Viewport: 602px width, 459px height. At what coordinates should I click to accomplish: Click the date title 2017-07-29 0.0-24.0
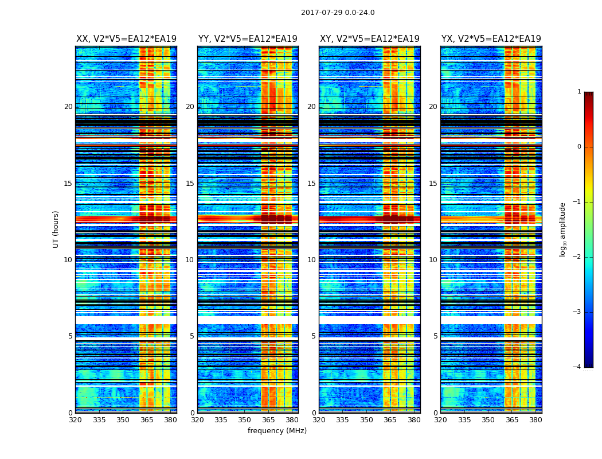tap(338, 13)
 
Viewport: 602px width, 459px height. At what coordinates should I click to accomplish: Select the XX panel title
tap(126, 39)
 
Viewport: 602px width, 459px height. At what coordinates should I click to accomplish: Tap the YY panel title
tap(248, 39)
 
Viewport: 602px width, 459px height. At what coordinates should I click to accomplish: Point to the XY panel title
tap(369, 39)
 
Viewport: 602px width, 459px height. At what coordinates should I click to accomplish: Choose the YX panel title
tap(491, 39)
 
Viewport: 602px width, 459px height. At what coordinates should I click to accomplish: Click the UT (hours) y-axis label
tap(56, 229)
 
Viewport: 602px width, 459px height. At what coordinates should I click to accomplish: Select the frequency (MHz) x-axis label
tap(277, 431)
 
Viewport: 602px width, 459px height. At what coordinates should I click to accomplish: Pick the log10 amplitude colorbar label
tap(563, 229)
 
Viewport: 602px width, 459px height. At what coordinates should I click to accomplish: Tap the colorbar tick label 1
tap(579, 92)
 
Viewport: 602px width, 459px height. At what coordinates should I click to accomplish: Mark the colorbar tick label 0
tap(579, 147)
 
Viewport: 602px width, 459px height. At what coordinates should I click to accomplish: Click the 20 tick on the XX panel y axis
tap(68, 107)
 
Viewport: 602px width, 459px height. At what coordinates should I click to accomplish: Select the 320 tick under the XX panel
tap(75, 419)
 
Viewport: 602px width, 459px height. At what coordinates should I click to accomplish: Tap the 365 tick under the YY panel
tap(268, 419)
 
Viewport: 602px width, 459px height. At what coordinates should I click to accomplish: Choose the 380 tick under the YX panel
tap(535, 419)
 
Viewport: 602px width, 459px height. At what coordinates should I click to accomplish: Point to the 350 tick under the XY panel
tap(366, 419)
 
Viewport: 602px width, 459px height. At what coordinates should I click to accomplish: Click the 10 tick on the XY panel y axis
tap(311, 260)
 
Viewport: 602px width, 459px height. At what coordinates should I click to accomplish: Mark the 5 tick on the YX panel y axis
tap(435, 336)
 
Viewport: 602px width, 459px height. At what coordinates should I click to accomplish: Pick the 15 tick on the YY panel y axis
tap(190, 184)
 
